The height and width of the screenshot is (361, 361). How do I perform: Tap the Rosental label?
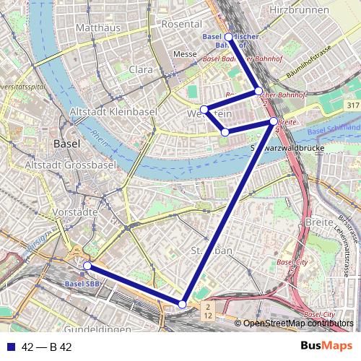[x=181, y=24]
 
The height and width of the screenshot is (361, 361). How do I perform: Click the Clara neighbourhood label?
[x=141, y=69]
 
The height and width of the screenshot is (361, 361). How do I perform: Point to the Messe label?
[x=186, y=54]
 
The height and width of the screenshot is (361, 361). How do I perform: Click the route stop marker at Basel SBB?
[x=87, y=266]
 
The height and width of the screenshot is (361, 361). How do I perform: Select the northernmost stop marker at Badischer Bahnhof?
[x=229, y=37]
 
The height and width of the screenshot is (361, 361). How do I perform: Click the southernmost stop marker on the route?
[x=183, y=304]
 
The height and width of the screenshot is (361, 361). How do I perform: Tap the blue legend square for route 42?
[x=10, y=347]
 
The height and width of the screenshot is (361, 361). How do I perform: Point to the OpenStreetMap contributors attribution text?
[x=298, y=323]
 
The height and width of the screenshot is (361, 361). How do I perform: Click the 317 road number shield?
[x=352, y=105]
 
